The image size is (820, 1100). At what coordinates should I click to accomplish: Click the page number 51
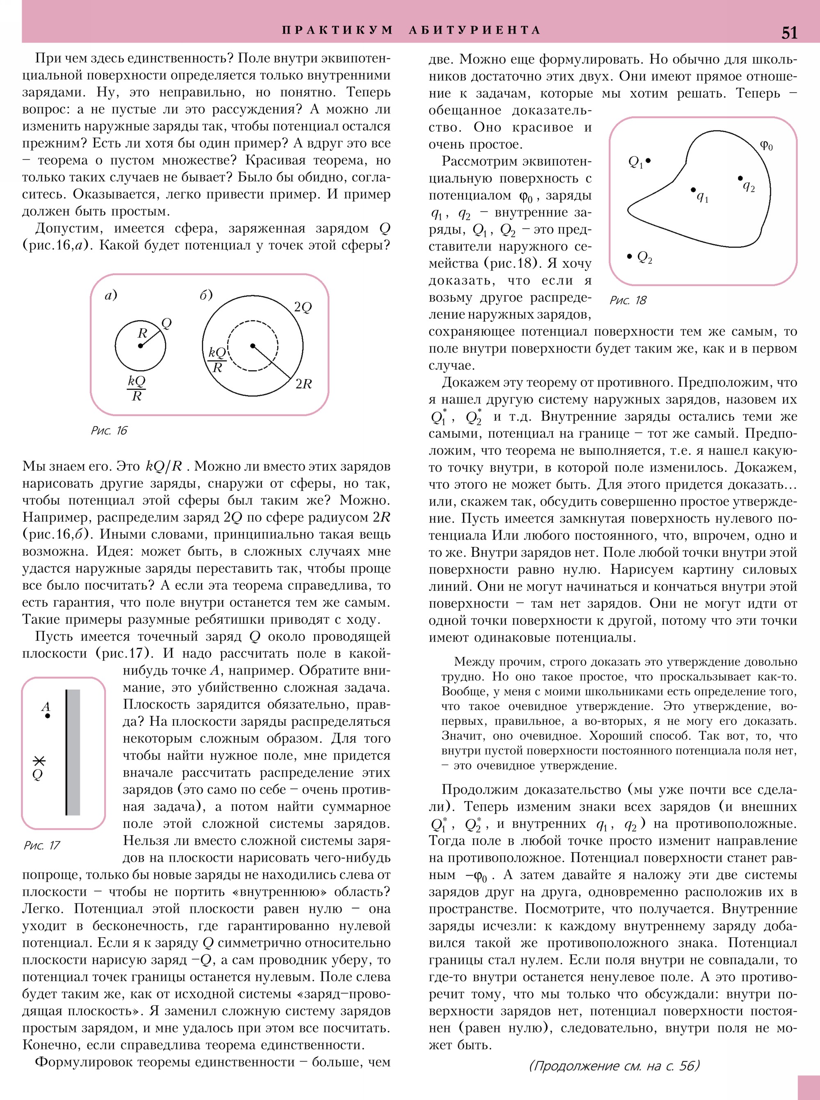click(x=789, y=32)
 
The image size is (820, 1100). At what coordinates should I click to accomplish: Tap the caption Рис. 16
click(x=109, y=430)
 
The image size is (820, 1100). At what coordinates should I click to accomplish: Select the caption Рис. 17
click(x=42, y=845)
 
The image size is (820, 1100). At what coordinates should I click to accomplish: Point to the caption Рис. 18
click(x=628, y=300)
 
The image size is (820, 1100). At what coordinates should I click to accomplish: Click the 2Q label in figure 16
click(x=303, y=307)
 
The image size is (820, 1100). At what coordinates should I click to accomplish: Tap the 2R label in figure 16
click(x=303, y=384)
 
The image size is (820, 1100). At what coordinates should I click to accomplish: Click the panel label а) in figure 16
click(x=111, y=295)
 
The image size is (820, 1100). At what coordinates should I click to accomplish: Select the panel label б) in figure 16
click(x=206, y=295)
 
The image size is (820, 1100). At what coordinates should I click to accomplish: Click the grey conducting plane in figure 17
click(x=73, y=752)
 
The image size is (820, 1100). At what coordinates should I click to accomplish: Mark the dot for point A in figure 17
click(x=47, y=716)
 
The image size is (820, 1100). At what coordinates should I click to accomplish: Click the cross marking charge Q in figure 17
click(x=39, y=761)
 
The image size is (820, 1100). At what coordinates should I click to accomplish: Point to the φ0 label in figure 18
click(x=766, y=146)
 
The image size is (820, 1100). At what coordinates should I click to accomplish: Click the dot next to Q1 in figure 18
click(x=648, y=160)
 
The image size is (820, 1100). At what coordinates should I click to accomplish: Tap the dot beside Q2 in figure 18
click(x=629, y=256)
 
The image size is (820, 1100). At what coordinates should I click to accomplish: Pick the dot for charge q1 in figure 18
click(x=693, y=190)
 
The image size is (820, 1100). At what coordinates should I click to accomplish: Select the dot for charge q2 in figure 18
click(x=740, y=178)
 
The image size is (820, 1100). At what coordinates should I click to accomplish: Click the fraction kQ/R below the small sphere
click(x=137, y=388)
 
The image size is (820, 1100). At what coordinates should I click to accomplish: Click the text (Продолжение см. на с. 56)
click(x=614, y=1066)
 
